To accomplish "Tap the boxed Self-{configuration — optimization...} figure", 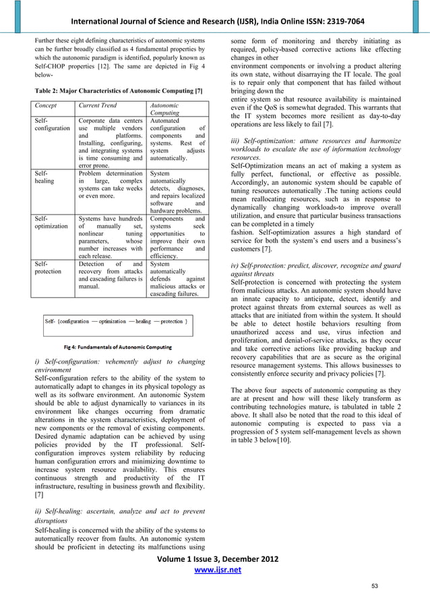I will [116, 322].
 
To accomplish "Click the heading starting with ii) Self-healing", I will [117, 517].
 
